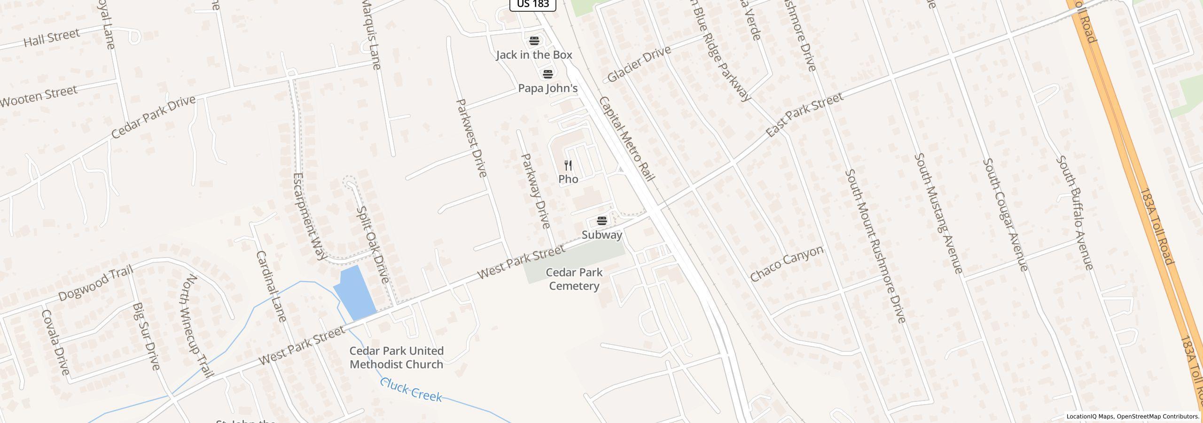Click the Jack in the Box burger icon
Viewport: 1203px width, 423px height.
coord(534,40)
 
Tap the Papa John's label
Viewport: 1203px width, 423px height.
coord(547,88)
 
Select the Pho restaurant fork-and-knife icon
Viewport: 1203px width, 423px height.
coord(568,165)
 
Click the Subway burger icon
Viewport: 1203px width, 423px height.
coord(602,221)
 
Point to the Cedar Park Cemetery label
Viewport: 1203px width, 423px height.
coord(574,279)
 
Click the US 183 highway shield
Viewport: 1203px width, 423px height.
coord(533,4)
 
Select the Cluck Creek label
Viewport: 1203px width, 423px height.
coord(411,390)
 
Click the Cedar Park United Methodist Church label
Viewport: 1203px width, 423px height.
coord(396,358)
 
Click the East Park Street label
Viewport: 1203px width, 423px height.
coord(804,115)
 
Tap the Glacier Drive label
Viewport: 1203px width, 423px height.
coord(639,64)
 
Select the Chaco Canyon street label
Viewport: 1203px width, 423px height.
coord(786,264)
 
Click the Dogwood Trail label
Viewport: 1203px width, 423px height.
coord(96,283)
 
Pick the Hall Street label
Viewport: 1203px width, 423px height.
coord(52,38)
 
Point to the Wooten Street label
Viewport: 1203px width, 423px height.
coord(39,96)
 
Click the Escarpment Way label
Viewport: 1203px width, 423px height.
coord(309,216)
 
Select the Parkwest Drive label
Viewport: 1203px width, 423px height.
coord(470,138)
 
